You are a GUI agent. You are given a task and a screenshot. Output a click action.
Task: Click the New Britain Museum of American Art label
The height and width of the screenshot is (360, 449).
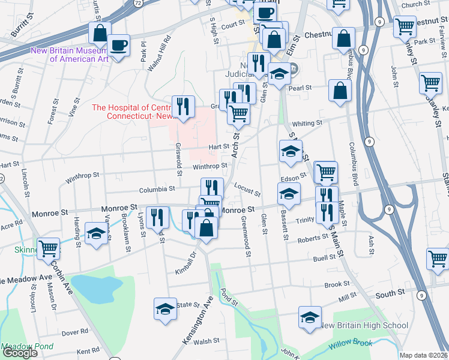[x=69, y=54]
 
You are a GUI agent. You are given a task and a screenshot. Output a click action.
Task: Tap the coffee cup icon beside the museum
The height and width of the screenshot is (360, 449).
[x=118, y=45]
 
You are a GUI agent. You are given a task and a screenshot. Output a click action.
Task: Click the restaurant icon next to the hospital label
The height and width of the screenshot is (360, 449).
[x=184, y=107]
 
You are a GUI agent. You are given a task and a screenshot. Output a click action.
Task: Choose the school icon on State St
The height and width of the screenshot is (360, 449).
[x=165, y=308]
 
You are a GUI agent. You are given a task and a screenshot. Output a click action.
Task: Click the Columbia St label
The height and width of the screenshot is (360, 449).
[x=157, y=188]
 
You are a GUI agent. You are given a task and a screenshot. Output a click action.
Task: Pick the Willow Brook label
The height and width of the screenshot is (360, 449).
[x=350, y=344]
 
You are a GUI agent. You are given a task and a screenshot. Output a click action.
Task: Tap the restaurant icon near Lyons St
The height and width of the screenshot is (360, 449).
[x=157, y=218]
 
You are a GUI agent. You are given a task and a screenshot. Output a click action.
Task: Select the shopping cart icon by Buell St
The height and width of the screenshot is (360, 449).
[x=437, y=259]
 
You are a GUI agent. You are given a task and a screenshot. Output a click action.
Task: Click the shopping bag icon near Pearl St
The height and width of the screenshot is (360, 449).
[x=340, y=92]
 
